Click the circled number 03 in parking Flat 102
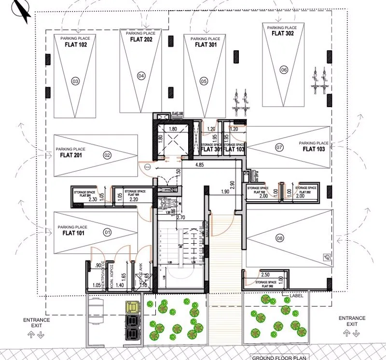(75, 82)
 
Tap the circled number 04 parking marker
(141, 75)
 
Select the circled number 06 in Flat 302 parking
(283, 70)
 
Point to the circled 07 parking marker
(279, 147)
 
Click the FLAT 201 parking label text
(70, 155)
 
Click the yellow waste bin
(131, 306)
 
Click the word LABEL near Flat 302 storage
(296, 295)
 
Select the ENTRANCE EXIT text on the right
(352, 321)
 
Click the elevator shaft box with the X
(174, 140)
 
